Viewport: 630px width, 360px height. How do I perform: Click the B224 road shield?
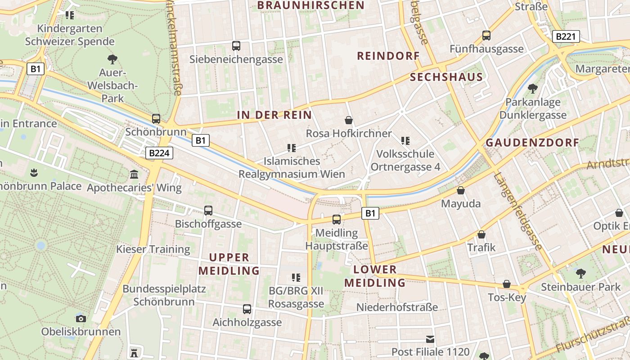pos(159,153)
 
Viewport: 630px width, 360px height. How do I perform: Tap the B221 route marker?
pos(566,36)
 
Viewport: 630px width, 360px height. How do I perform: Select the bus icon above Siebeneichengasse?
pos(236,46)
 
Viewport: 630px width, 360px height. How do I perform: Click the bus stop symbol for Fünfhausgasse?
pos(486,36)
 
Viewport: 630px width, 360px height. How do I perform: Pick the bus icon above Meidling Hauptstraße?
pos(337,220)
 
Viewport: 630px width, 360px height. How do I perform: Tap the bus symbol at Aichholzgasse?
pos(247,309)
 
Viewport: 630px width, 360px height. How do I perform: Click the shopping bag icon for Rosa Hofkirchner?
pos(349,120)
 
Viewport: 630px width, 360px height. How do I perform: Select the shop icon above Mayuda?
pos(460,190)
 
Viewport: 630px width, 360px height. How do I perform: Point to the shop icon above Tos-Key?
pos(507,284)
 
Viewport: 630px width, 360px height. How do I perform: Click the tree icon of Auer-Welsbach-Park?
pos(112,59)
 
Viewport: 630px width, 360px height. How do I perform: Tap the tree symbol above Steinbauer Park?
pos(581,273)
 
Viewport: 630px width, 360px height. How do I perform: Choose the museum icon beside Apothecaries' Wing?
pos(134,175)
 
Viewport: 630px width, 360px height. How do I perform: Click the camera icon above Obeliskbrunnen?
pos(81,319)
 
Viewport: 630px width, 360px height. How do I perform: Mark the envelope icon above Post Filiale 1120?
pos(431,339)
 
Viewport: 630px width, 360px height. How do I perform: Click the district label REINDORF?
pos(388,56)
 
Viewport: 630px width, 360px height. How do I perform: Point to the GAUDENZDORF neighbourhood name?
pos(532,143)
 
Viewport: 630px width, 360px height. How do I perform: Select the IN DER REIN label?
pos(274,115)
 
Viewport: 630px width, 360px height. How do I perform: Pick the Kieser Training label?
pos(153,249)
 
